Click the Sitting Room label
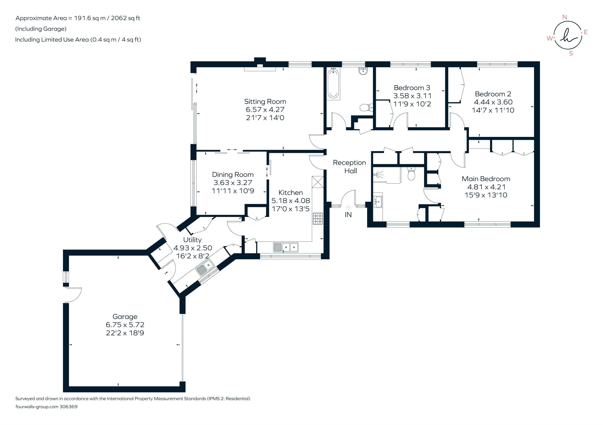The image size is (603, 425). pos(265,102)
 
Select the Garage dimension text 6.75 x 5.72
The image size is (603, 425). pos(125,325)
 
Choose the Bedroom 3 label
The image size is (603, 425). pos(412,88)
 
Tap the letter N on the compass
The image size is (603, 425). pos(565,17)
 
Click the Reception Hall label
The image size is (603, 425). pos(350,167)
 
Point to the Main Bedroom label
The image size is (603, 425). pos(486,179)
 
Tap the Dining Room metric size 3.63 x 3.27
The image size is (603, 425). pos(233,183)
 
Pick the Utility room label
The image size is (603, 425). pos(192,240)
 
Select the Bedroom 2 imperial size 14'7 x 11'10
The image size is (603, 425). pos(493,110)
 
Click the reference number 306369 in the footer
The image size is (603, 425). pos(69,407)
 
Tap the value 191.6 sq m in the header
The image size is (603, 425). pos(90,18)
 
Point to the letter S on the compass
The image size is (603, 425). pos(571,53)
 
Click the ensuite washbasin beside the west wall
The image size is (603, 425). pos(378,202)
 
